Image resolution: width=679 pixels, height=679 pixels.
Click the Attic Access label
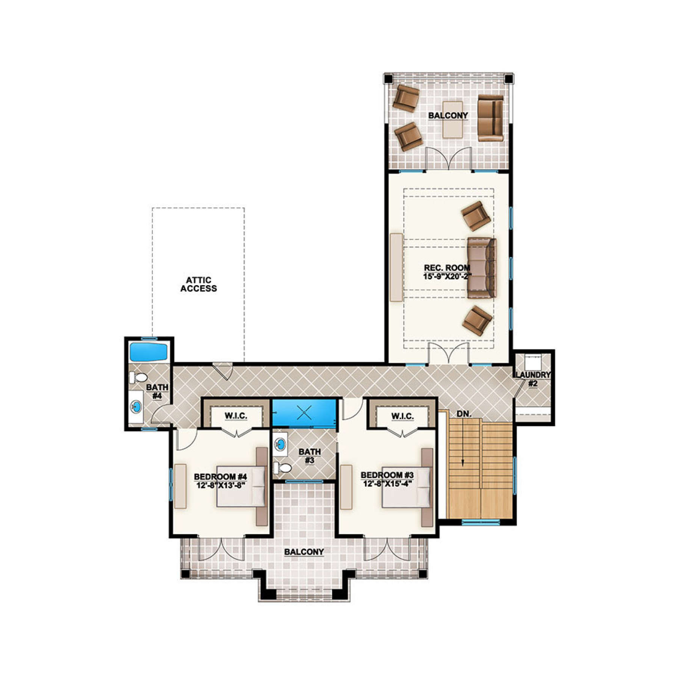[x=198, y=284]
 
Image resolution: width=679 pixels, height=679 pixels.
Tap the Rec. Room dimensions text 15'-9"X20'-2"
[x=447, y=276]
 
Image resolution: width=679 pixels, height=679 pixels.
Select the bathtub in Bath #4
[x=149, y=352]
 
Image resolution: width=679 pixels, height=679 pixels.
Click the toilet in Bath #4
[x=138, y=377]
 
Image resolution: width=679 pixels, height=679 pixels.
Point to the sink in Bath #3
[x=280, y=444]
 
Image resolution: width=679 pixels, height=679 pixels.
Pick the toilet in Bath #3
[x=283, y=468]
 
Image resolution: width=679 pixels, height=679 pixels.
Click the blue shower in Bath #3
[x=304, y=412]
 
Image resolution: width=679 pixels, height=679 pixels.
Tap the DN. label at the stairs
[x=464, y=414]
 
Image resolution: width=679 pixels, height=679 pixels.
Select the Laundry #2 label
[x=533, y=379]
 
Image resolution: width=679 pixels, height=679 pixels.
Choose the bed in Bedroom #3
[x=407, y=487]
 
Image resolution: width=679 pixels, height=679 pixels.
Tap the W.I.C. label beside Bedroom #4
[x=236, y=416]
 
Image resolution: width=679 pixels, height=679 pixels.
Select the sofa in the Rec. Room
[x=482, y=268]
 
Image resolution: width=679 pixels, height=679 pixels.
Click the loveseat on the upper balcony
[x=490, y=118]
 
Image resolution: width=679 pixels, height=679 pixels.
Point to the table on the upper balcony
[x=453, y=120]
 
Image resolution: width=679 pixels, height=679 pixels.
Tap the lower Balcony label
[x=304, y=552]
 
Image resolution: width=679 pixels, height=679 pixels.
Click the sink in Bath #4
[x=136, y=407]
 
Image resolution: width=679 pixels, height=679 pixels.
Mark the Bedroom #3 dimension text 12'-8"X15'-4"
[x=387, y=483]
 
